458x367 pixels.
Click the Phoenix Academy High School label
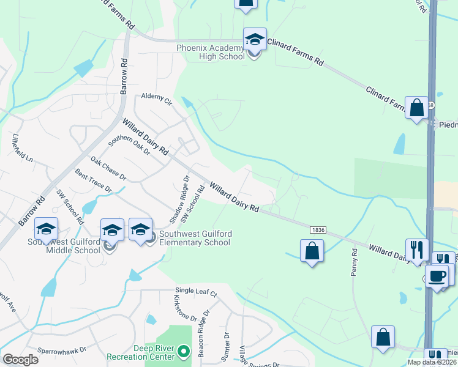click(x=209, y=52)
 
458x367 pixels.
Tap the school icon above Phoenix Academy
click(x=255, y=40)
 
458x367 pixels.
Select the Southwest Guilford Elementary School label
click(x=194, y=238)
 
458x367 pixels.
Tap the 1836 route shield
click(x=318, y=229)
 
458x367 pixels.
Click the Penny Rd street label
click(x=354, y=262)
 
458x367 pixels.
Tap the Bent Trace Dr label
click(x=93, y=182)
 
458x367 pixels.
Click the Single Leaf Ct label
click(x=196, y=293)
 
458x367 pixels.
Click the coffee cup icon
click(x=437, y=276)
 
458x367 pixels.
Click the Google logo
click(x=20, y=359)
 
